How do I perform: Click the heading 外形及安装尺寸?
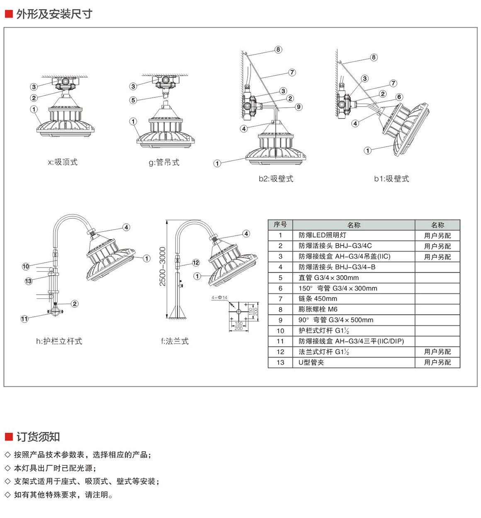54,14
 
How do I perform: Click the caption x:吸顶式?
63,162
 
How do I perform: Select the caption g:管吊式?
164,162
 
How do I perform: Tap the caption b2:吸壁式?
276,179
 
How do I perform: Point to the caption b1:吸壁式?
391,179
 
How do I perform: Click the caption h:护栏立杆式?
59,341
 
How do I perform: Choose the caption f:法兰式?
175,341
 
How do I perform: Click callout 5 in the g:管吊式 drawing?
133,100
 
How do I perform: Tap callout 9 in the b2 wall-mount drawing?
299,107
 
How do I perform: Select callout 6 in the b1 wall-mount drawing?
399,97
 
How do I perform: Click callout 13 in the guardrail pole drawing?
28,281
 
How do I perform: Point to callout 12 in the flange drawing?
196,263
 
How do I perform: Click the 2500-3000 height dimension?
163,266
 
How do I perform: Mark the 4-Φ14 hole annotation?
219,298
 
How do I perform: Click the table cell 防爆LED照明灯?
322,235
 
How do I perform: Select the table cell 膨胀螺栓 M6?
318,309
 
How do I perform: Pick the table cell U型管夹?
311,362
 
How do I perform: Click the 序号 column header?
280,225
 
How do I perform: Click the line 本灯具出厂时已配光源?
55,468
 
